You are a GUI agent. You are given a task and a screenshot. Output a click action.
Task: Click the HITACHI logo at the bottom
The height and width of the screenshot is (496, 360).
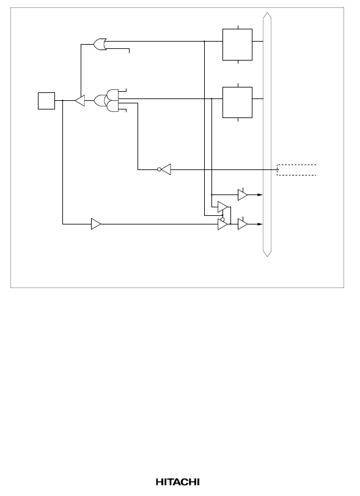(178, 482)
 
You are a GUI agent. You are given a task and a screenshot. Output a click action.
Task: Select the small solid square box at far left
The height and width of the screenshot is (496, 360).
(46, 101)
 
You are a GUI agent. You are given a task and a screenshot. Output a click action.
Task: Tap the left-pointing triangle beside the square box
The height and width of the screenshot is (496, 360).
(80, 100)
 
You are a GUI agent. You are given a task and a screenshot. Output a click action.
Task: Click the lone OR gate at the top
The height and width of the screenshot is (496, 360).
(100, 44)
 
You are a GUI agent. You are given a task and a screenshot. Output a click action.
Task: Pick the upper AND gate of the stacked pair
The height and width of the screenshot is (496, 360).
(112, 95)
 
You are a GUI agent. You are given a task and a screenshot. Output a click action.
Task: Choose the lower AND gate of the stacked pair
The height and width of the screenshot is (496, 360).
(112, 106)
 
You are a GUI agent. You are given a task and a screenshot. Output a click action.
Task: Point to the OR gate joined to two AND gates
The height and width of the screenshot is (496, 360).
(100, 100)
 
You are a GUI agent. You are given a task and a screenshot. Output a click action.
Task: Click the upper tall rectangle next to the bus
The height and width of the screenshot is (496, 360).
(237, 45)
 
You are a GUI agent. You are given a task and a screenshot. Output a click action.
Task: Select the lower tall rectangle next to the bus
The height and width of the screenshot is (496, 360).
(237, 102)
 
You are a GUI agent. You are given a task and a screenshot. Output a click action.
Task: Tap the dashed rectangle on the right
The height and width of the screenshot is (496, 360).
(296, 170)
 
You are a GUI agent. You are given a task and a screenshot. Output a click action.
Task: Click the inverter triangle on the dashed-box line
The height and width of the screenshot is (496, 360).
(166, 169)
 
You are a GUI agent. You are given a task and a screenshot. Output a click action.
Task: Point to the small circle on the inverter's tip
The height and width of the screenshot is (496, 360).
(160, 169)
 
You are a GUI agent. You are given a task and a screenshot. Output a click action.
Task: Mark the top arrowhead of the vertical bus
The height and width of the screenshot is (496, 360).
(267, 15)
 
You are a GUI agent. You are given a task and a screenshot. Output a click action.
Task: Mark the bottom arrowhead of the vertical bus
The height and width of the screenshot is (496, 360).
(267, 253)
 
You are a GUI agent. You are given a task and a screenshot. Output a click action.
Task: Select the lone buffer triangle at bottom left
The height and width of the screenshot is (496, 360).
(96, 224)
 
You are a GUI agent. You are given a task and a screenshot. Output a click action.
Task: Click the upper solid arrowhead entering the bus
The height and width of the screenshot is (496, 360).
(260, 195)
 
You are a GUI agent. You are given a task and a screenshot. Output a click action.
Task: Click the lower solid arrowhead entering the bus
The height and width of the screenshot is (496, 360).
(260, 224)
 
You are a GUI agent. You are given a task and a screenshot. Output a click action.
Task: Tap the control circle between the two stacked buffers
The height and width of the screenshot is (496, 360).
(222, 219)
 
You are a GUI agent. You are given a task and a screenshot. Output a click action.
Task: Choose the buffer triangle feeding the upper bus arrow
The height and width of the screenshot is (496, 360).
(243, 195)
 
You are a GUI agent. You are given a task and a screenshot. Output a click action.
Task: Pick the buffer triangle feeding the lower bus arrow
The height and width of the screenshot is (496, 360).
(243, 224)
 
